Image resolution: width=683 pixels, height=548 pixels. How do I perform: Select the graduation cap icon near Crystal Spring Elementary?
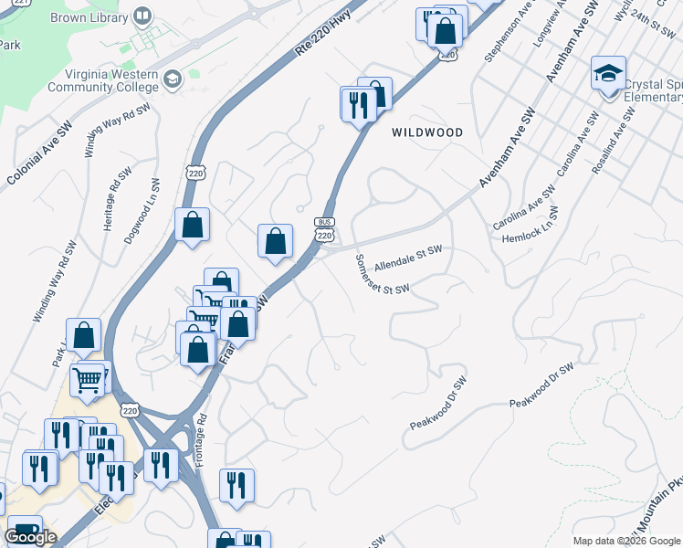pos(608,72)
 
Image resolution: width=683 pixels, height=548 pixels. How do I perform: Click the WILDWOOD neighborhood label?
pos(427,132)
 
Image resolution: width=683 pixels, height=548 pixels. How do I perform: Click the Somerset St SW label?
pos(382,275)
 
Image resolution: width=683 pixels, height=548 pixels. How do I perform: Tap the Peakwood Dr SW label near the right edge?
pos(541,385)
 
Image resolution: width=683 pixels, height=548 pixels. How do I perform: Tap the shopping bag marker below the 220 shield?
pos(192,225)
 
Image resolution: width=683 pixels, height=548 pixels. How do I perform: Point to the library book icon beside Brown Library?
pos(142,16)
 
